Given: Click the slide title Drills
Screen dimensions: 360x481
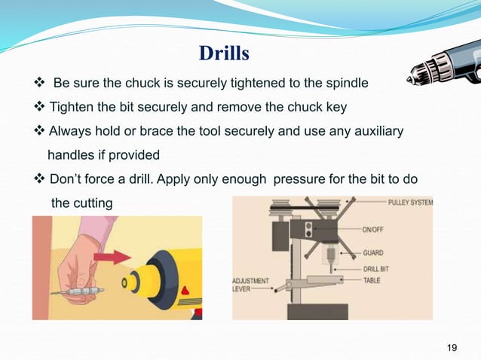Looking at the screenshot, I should pyautogui.click(x=223, y=54).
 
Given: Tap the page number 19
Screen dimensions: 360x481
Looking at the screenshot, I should pyautogui.click(x=452, y=346).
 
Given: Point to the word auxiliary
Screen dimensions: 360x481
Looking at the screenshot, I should pyautogui.click(x=375, y=132).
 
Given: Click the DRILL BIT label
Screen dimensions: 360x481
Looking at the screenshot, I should pyautogui.click(x=380, y=267).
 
